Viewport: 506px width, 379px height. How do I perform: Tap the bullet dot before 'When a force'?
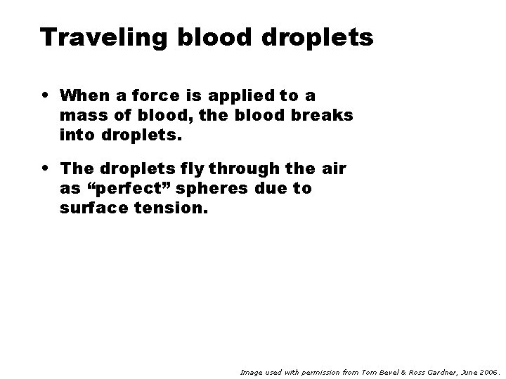pos(44,93)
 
